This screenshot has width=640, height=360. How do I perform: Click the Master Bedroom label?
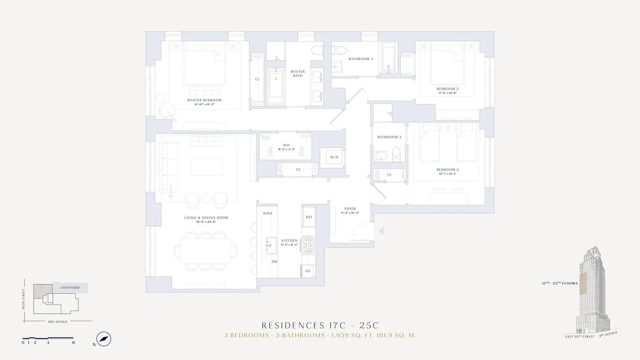(x=204, y=100)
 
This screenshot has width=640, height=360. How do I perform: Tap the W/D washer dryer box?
(x=334, y=157)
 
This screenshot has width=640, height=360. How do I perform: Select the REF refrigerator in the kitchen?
(x=309, y=218)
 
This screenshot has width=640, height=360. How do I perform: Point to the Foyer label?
(x=349, y=209)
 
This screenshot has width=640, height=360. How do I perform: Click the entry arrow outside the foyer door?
(x=380, y=230)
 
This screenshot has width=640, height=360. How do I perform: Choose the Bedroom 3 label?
(x=448, y=170)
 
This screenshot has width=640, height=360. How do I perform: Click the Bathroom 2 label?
(x=361, y=59)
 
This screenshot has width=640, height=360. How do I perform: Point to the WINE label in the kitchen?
(x=268, y=213)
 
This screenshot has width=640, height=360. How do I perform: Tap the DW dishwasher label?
(x=274, y=261)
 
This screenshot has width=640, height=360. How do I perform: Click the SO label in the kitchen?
(x=308, y=271)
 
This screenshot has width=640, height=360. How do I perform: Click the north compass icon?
(x=103, y=338)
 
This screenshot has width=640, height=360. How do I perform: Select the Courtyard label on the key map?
(x=70, y=287)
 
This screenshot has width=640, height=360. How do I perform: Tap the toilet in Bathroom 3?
(x=396, y=154)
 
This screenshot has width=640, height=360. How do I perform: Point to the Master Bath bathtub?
(x=276, y=87)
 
